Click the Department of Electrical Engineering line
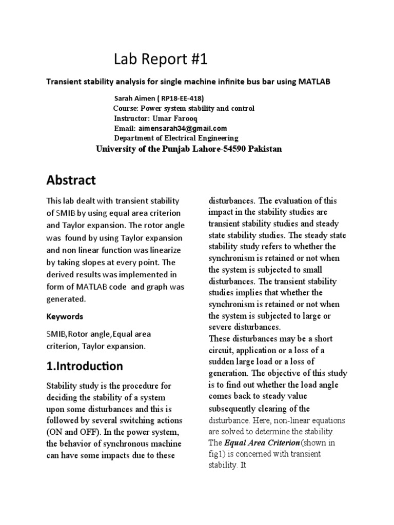175,138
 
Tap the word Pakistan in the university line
265,149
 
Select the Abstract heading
71,180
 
